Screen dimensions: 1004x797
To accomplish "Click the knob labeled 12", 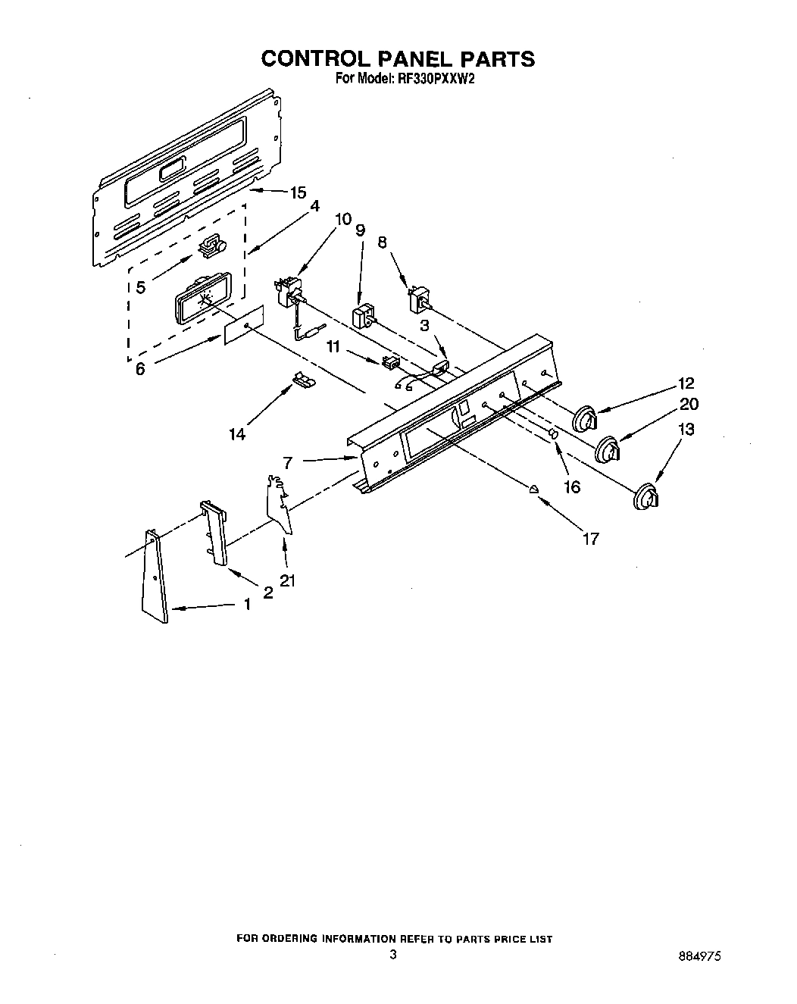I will point(585,418).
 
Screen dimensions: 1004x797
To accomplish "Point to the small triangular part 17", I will point(534,489).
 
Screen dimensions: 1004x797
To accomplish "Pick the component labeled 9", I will point(365,314).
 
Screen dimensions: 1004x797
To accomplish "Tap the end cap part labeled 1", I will point(155,576).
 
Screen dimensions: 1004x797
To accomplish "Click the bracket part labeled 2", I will point(214,532).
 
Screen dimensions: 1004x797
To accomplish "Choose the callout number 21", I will point(287,580).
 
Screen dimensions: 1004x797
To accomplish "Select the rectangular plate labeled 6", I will point(244,324).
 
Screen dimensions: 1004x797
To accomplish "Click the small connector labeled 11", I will point(391,362).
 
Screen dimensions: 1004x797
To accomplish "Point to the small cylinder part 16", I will point(553,434).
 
